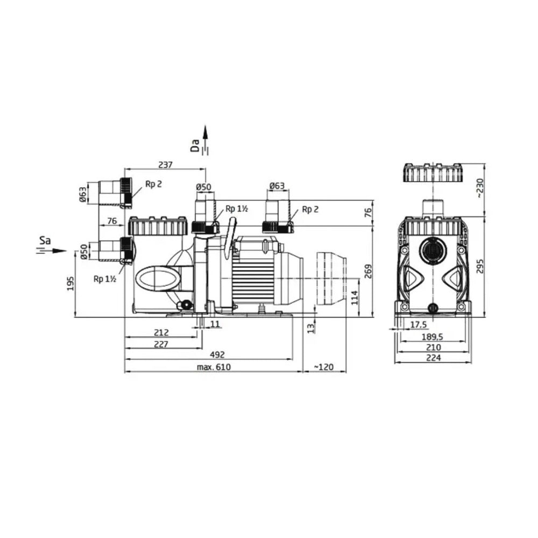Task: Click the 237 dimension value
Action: pos(165,165)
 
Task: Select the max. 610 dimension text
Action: pos(214,367)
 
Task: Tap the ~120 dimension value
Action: pos(323,367)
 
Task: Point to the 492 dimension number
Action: pos(217,355)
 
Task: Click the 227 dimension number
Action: pos(161,344)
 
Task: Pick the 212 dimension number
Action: pos(161,332)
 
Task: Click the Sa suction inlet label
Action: pos(45,240)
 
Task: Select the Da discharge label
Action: pos(195,145)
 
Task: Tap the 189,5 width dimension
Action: pos(432,337)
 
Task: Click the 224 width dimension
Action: pos(433,358)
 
